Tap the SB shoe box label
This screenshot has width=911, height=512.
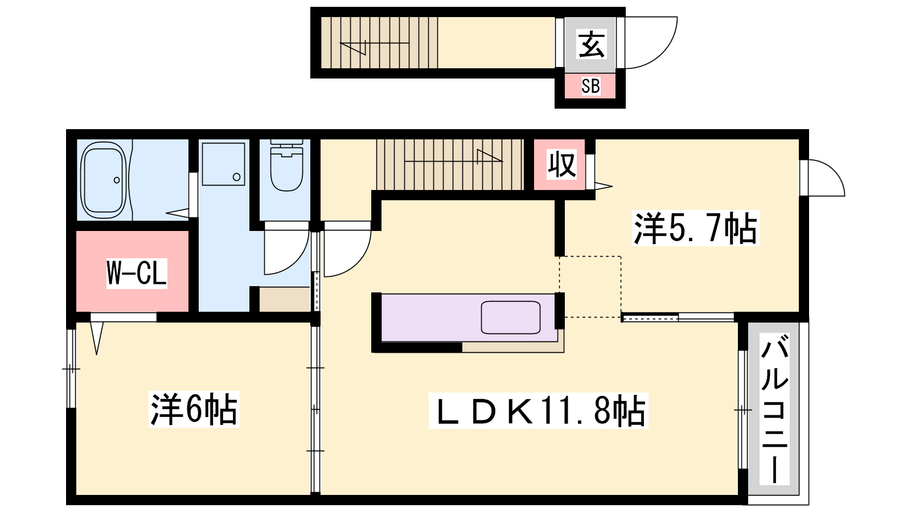[590, 86]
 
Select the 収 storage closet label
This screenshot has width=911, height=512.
[561, 164]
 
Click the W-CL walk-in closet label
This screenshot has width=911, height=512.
[137, 273]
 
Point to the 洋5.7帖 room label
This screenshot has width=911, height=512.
[695, 228]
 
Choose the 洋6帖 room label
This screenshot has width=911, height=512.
[194, 409]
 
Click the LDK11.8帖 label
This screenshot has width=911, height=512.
[539, 410]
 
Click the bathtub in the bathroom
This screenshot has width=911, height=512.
[104, 180]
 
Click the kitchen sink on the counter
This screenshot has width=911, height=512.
[510, 317]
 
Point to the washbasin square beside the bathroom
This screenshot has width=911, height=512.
[223, 164]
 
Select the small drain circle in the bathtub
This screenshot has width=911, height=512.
[117, 180]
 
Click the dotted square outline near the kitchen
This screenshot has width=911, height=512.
[590, 287]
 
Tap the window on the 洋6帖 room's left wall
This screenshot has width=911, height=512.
[71, 369]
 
